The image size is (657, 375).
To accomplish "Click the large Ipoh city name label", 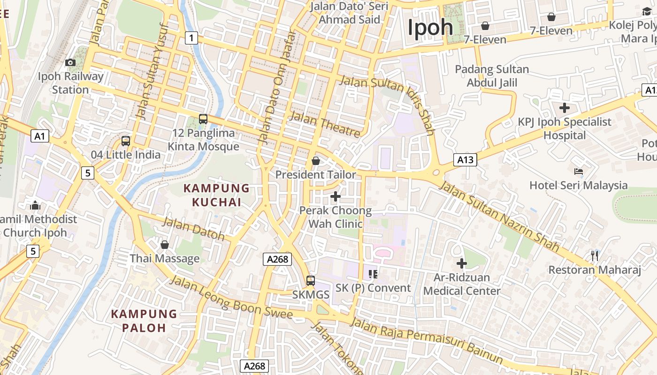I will [x=430, y=27].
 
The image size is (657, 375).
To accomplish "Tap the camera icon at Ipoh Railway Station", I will [x=70, y=62].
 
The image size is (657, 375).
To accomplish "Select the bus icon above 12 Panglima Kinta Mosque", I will [x=203, y=119].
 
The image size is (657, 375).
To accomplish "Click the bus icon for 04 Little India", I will [x=125, y=141].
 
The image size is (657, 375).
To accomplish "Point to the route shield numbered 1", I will [x=191, y=37].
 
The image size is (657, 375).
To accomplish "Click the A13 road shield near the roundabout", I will [x=465, y=160].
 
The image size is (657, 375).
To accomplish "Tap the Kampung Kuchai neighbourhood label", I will [x=216, y=195].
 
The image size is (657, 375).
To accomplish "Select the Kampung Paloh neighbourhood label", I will [x=144, y=321].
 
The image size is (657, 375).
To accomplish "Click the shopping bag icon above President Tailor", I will [x=316, y=161].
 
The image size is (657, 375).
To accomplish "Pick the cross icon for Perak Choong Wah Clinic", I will [x=335, y=196].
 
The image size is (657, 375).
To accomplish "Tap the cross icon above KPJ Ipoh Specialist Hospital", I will [x=565, y=108].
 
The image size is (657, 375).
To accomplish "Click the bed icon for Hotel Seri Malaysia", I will [x=578, y=172].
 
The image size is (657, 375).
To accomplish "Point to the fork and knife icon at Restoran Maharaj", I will [x=594, y=255].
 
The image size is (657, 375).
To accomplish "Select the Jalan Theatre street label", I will [x=325, y=124].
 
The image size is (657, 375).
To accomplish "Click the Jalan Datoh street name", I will [x=193, y=229].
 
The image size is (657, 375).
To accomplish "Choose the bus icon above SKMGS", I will [x=310, y=281].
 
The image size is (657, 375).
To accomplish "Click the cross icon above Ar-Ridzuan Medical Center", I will [x=462, y=263].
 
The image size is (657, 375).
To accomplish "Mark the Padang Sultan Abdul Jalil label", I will [x=492, y=76].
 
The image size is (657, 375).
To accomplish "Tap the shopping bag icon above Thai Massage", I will [x=164, y=245].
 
